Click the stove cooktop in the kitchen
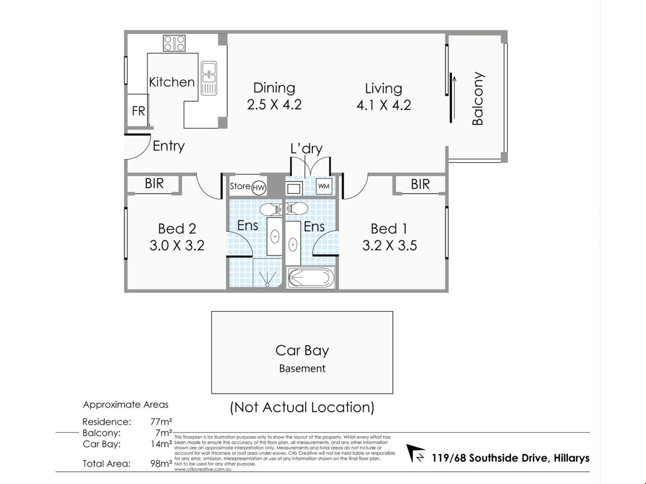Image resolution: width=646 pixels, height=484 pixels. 174,43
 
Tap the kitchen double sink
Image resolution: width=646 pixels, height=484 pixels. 209,78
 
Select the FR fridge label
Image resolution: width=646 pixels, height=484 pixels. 138,111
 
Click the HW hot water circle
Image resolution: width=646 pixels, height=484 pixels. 259,188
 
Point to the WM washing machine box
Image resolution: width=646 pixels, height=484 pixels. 324,186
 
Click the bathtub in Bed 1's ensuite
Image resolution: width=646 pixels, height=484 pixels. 310,278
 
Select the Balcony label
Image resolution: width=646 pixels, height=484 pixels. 478,98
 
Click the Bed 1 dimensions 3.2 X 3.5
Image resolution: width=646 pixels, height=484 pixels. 389,246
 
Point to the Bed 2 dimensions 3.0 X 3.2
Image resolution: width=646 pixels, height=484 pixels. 177,246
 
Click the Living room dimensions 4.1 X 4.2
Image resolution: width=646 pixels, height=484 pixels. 384,105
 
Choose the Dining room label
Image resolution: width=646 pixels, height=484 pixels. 274,88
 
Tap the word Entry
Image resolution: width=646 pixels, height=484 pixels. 169,146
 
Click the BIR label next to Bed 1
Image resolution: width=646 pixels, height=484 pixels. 420,185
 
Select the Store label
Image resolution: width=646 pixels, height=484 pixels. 240,186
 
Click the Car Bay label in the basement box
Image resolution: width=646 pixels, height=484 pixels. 302,351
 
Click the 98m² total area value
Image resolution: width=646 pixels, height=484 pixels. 161,464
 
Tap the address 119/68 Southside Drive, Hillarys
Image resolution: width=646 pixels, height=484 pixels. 511,458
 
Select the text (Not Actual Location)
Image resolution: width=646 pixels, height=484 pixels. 302,408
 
